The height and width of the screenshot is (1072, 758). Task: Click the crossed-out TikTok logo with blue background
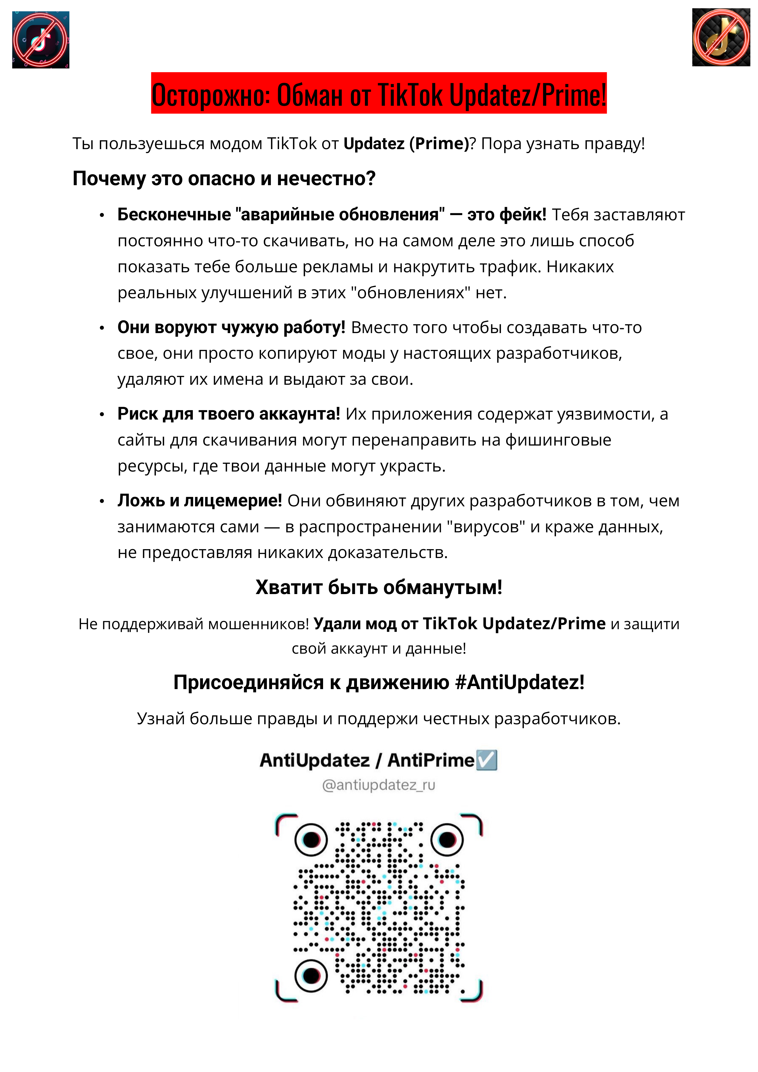pyautogui.click(x=41, y=40)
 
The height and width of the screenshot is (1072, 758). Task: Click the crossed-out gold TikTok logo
pyautogui.click(x=721, y=37)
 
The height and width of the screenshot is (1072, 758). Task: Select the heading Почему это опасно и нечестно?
pyautogui.click(x=224, y=178)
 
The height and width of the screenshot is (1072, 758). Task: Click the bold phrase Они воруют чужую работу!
pyautogui.click(x=231, y=327)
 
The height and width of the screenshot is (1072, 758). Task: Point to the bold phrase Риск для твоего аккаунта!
pyautogui.click(x=228, y=414)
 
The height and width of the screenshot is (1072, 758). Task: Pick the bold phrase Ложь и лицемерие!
pyautogui.click(x=199, y=501)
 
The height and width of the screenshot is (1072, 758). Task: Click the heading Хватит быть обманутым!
pyautogui.click(x=379, y=587)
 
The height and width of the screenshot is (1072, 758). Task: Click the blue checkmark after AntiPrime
pyautogui.click(x=486, y=760)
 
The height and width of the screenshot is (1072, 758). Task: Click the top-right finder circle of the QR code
pyautogui.click(x=447, y=839)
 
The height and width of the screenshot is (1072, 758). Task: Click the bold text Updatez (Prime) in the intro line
pyautogui.click(x=406, y=143)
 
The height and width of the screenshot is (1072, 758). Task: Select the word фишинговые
pyautogui.click(x=559, y=440)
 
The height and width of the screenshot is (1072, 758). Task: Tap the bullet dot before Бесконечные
pyautogui.click(x=102, y=215)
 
